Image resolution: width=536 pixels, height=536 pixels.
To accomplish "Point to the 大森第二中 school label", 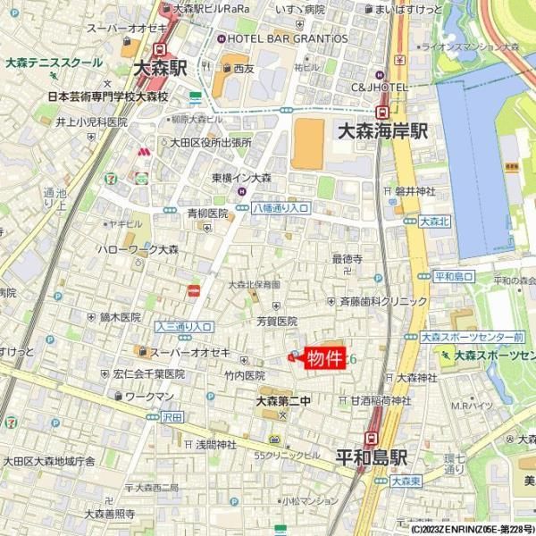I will pos(283,400).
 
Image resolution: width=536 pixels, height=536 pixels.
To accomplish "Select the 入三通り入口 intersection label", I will pos(183,326).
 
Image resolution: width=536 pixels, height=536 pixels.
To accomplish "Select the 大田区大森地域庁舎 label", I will pos(48,461).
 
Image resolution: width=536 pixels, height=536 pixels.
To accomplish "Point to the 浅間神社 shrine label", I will pos(215,443).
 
